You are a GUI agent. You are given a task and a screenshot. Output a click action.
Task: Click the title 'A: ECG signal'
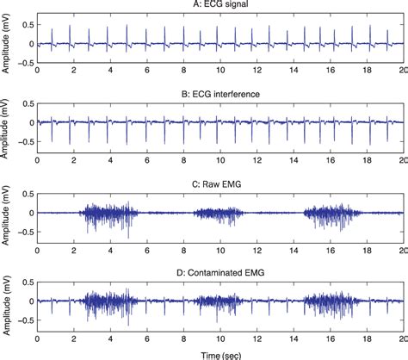coord(220,5)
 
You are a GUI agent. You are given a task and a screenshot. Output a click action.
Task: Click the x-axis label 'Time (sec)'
coord(220,354)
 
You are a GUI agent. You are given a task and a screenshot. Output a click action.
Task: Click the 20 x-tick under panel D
coord(403,338)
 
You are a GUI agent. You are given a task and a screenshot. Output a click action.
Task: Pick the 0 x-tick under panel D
coord(37,338)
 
